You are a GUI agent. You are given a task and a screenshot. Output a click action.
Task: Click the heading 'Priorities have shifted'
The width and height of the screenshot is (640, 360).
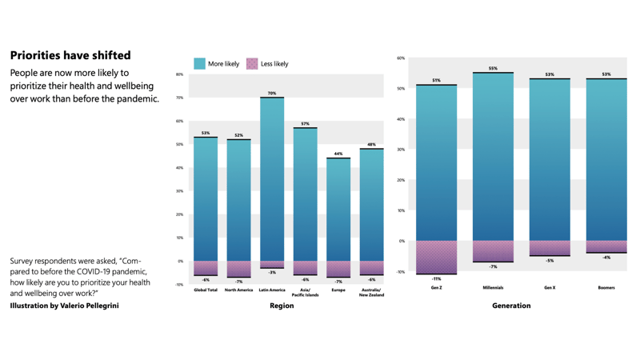(x=70, y=56)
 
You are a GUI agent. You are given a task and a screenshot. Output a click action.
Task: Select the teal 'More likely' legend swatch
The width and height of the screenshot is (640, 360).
(x=200, y=63)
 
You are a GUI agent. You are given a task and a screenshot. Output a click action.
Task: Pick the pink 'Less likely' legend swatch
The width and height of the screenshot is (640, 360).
(x=252, y=63)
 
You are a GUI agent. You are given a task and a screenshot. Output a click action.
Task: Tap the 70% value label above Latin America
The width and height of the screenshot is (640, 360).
(x=272, y=94)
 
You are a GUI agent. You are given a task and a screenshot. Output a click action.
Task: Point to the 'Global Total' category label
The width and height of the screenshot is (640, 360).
(x=206, y=290)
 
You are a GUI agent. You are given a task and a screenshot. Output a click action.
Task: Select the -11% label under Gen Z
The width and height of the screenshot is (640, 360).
(x=436, y=279)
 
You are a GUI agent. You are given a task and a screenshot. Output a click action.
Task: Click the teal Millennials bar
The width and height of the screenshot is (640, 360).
(x=493, y=157)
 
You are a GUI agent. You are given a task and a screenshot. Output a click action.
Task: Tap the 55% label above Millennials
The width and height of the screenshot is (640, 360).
(x=493, y=69)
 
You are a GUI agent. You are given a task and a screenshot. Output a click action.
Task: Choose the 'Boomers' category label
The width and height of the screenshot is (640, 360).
(x=606, y=287)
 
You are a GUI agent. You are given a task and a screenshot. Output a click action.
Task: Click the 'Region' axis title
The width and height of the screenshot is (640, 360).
(x=282, y=306)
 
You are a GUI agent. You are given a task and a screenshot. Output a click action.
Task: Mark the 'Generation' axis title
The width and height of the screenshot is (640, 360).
(x=511, y=306)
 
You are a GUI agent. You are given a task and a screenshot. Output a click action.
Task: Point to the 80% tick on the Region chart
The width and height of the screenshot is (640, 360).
(x=179, y=74)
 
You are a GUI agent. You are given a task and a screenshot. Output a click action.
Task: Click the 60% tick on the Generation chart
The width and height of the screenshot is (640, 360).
(x=401, y=58)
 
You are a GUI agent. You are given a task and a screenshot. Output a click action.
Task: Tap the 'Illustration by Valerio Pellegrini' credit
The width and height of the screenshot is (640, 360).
(x=64, y=306)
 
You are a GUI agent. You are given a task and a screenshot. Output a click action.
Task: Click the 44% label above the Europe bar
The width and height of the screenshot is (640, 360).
(x=338, y=154)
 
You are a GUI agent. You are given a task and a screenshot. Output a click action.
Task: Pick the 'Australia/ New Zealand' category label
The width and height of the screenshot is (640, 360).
(x=371, y=293)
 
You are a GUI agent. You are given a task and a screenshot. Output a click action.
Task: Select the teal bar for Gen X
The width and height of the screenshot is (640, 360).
(x=550, y=160)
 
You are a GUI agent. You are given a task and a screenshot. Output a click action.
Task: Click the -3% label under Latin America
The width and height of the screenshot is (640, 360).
(x=272, y=273)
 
